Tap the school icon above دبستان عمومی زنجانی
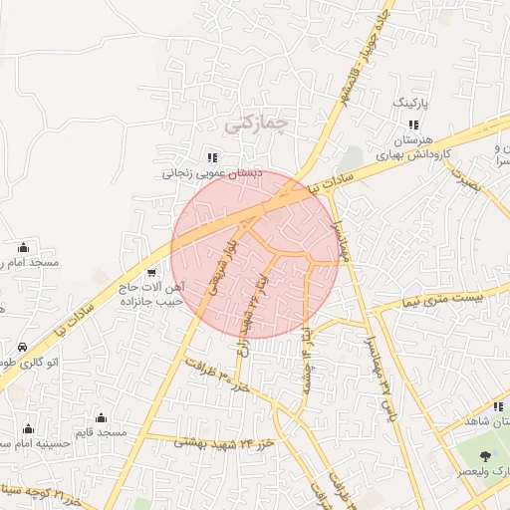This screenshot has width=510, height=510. click(211, 156)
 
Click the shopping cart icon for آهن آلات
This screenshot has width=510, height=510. click(150, 272)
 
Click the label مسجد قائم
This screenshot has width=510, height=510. click(104, 433)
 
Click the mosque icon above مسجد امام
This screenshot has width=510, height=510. click(23, 247)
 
